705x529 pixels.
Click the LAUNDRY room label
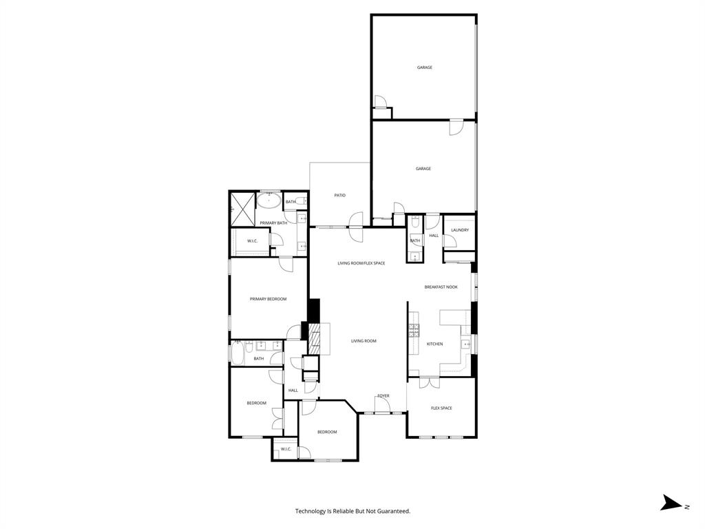pyautogui.click(x=461, y=230)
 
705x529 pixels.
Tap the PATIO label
pyautogui.click(x=339, y=196)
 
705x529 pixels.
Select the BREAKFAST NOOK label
pyautogui.click(x=441, y=287)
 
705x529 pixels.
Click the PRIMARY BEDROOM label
pyautogui.click(x=268, y=299)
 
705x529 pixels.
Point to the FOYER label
pyautogui.click(x=383, y=396)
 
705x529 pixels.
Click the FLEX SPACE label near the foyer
pyautogui.click(x=441, y=408)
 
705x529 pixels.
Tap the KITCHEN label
pyautogui.click(x=434, y=344)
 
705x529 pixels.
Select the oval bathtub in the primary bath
pyautogui.click(x=269, y=201)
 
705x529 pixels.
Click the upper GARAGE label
pyautogui.click(x=424, y=68)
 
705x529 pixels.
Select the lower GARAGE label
pyautogui.click(x=423, y=169)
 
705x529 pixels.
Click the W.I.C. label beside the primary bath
pyautogui.click(x=252, y=241)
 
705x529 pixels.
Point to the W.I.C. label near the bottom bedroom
pyautogui.click(x=286, y=449)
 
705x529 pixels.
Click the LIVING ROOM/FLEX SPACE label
pyautogui.click(x=361, y=263)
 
